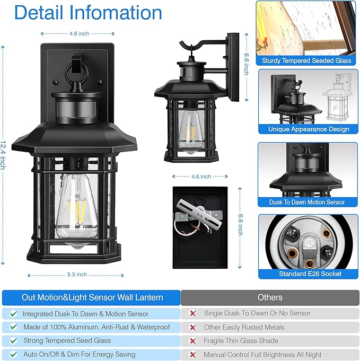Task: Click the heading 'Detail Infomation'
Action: pyautogui.click(x=89, y=13)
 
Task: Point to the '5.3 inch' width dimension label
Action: pyautogui.click(x=76, y=275)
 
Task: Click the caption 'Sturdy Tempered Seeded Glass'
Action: pyautogui.click(x=306, y=61)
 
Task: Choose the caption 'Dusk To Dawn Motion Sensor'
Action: pyautogui.click(x=307, y=202)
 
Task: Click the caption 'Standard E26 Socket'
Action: pyautogui.click(x=310, y=274)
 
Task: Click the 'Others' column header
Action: pyautogui.click(x=269, y=297)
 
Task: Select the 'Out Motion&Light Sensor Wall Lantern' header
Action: pyautogui.click(x=92, y=297)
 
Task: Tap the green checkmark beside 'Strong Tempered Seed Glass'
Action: pyautogui.click(x=13, y=340)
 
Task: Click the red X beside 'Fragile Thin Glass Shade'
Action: pyautogui.click(x=192, y=340)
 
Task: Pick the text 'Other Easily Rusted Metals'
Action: pyautogui.click(x=244, y=327)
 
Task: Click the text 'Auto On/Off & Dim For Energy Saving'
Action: pyautogui.click(x=79, y=354)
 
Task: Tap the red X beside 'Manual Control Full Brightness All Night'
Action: pyautogui.click(x=192, y=354)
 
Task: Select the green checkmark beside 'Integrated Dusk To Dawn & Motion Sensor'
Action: pyautogui.click(x=13, y=313)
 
